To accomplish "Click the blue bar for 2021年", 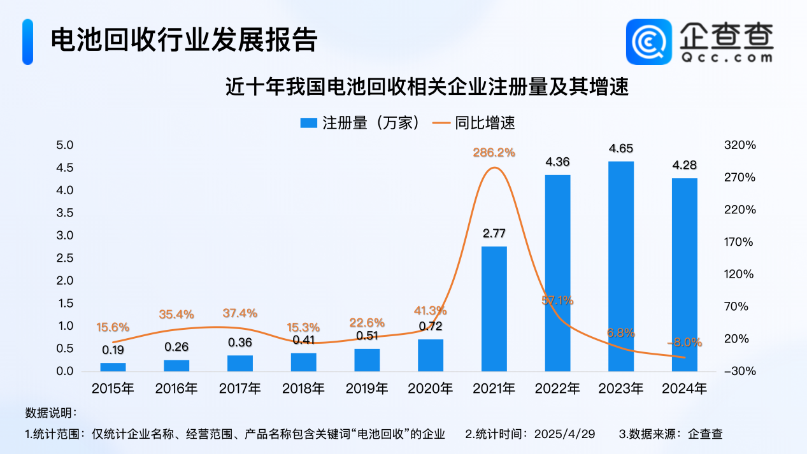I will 494,309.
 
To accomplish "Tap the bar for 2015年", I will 113,367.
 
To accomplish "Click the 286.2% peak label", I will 494,153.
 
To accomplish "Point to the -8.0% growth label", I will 684,342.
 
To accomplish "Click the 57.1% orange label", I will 558,300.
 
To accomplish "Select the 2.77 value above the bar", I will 494,234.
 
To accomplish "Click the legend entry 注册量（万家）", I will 361,123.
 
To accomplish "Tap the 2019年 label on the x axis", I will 367,388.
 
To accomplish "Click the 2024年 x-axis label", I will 684,388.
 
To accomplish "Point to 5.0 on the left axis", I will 66,145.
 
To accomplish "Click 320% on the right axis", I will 739,145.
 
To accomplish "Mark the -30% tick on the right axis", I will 739,371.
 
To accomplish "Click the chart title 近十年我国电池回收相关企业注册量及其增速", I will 427,87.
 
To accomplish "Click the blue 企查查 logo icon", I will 649,41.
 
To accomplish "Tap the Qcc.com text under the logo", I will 727,57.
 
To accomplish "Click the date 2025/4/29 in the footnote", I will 566,434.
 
